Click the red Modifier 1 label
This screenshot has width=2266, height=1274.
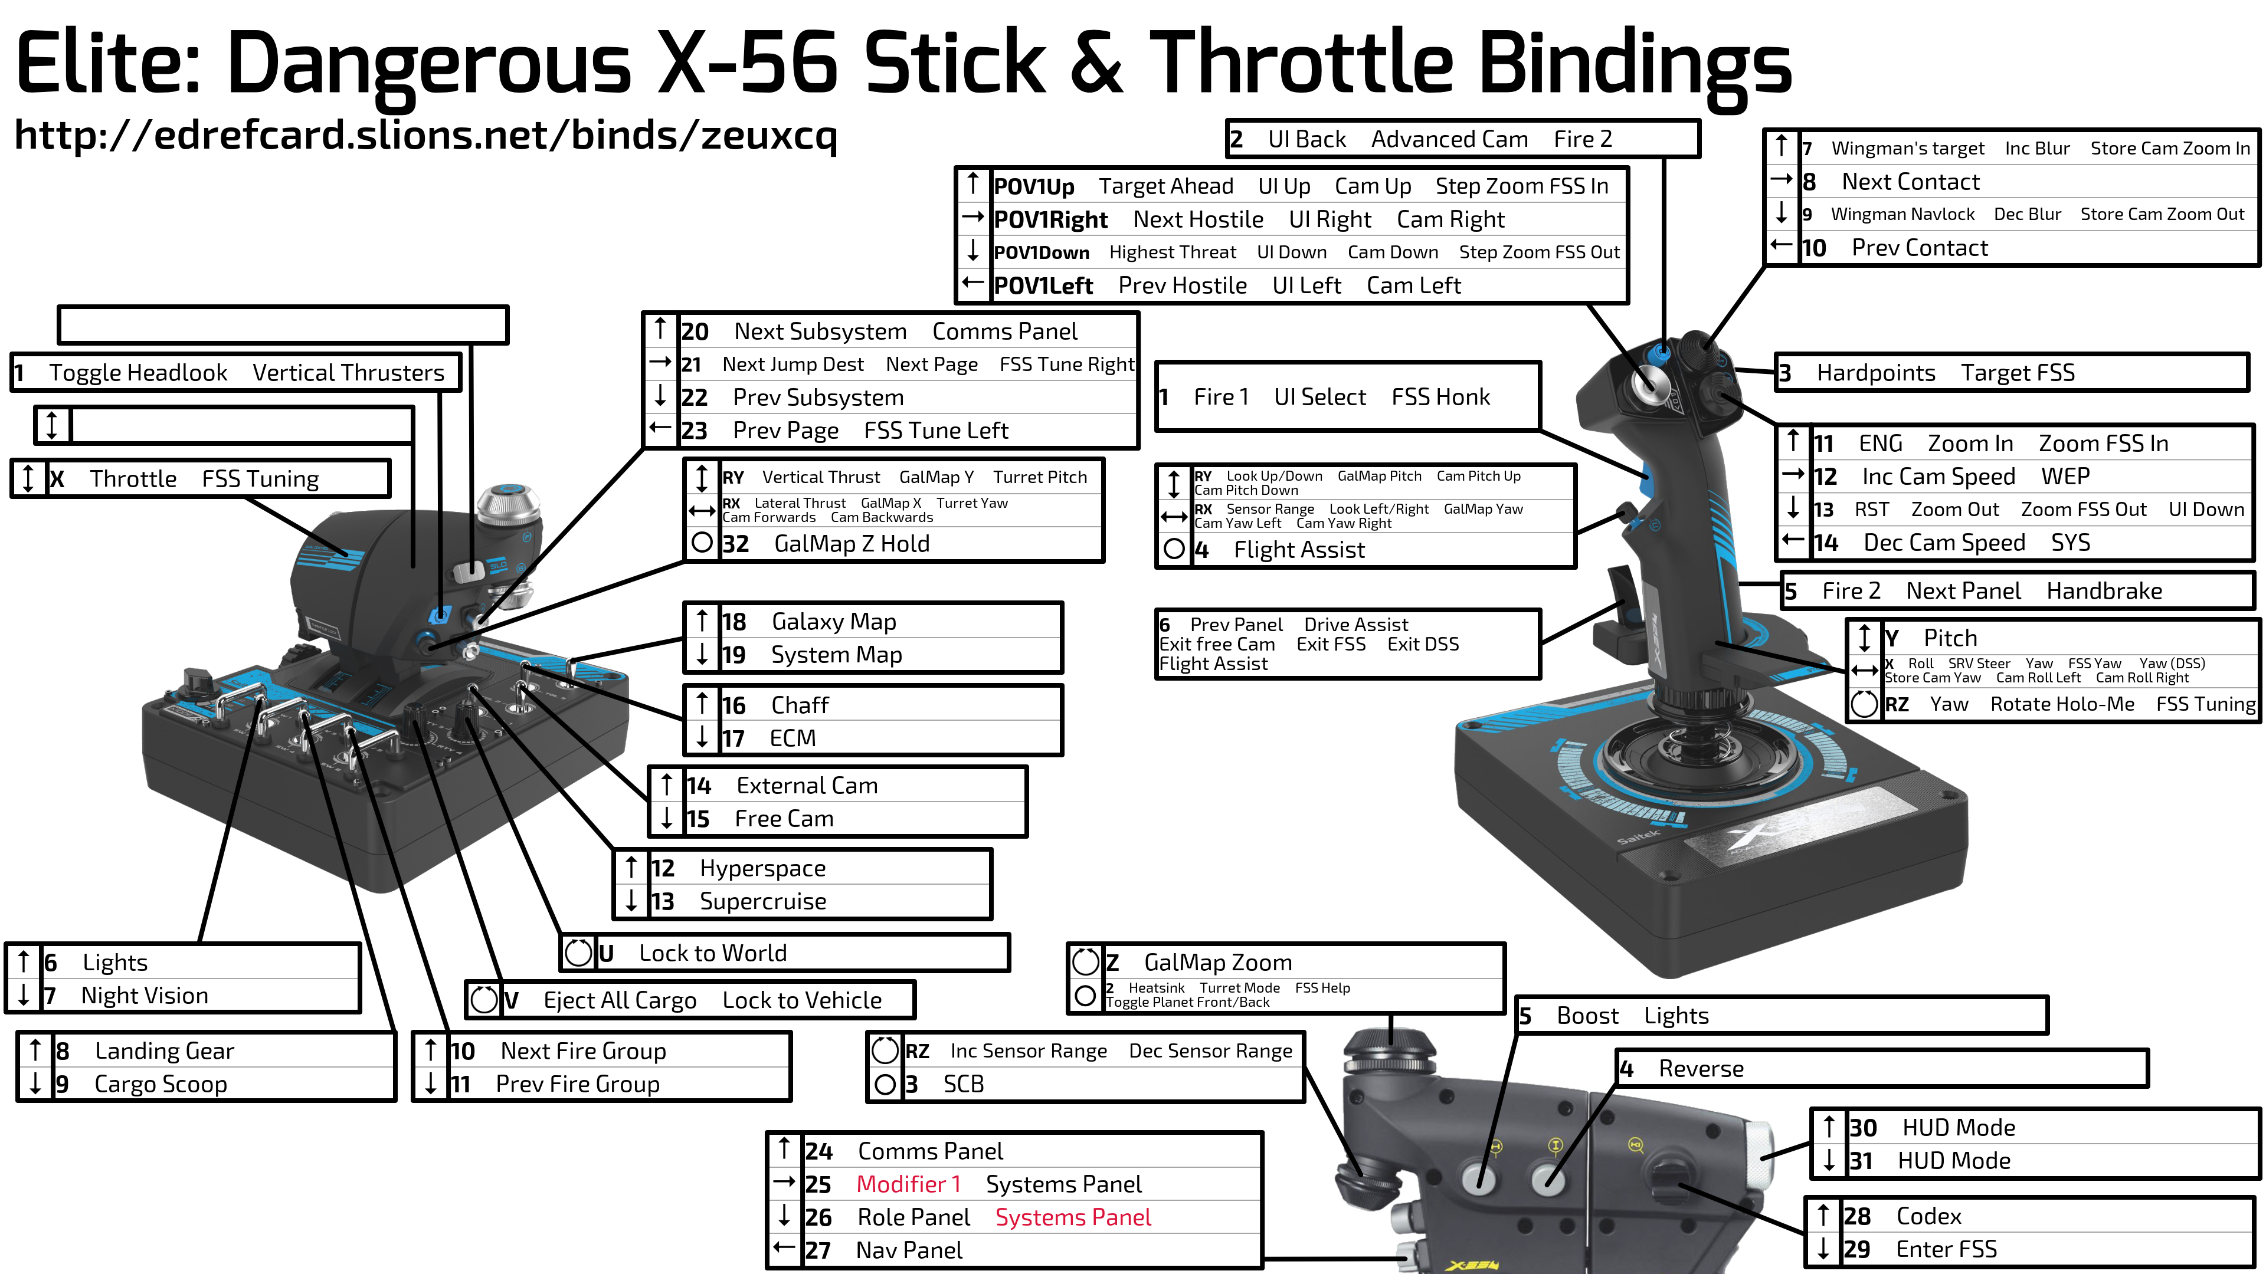[909, 1184]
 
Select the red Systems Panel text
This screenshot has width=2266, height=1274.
[1073, 1218]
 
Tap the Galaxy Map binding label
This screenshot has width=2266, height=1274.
[834, 622]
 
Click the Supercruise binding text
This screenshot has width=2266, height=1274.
[762, 901]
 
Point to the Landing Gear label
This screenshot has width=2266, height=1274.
[165, 1050]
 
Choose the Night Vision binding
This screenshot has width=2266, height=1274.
[145, 995]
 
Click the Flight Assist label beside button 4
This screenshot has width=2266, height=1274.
[1299, 550]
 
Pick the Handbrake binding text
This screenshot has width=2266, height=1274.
[2104, 591]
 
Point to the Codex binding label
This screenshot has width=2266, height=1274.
[1929, 1216]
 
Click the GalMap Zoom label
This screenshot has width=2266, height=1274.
[1219, 963]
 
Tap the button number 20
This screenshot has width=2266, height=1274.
[695, 331]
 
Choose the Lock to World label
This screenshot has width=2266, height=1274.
[712, 953]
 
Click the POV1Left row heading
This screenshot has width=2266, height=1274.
[1043, 285]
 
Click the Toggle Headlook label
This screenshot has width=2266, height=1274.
[138, 373]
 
